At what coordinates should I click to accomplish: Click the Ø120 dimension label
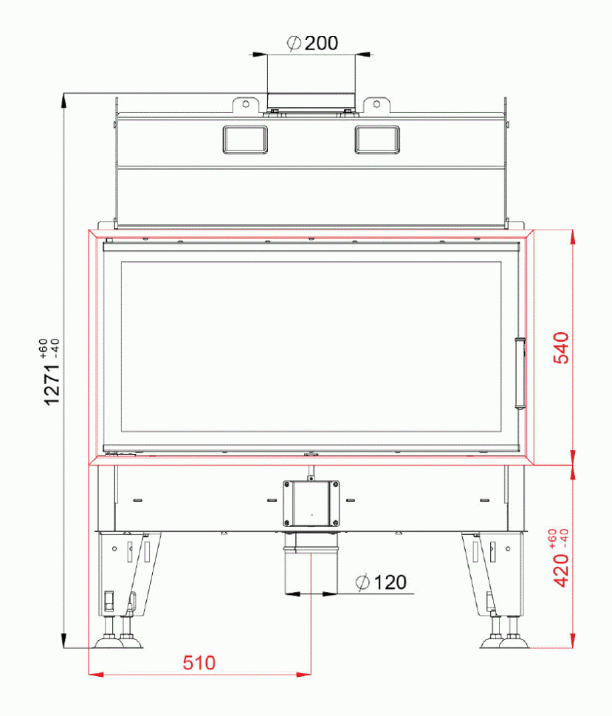(x=381, y=583)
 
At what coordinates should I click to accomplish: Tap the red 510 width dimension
(x=199, y=663)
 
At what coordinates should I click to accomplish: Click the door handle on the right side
(x=519, y=372)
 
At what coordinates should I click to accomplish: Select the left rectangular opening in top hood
(x=244, y=139)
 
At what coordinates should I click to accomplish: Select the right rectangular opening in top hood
(x=377, y=139)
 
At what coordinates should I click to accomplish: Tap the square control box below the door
(x=311, y=503)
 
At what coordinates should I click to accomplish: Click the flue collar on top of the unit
(x=311, y=103)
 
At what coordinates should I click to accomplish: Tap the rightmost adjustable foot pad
(x=515, y=643)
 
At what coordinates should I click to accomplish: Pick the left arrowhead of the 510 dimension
(x=94, y=673)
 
